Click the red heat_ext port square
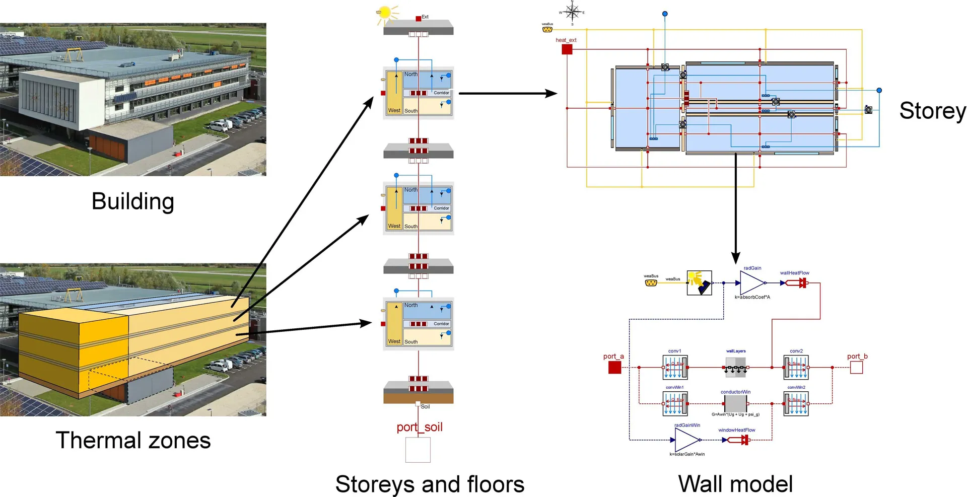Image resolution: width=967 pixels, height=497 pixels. [x=567, y=49]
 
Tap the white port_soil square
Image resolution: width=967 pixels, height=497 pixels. [x=418, y=450]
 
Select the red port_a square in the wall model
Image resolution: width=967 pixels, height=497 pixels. [x=614, y=368]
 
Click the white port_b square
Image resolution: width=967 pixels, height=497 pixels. [x=856, y=368]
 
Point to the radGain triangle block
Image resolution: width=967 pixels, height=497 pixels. [x=751, y=283]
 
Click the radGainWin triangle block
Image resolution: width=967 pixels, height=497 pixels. [x=686, y=440]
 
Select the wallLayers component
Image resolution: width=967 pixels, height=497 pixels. [x=736, y=368]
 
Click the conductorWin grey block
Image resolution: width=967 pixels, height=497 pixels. [x=735, y=403]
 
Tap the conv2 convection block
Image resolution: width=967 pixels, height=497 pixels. [x=796, y=368]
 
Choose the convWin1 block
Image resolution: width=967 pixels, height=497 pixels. [x=675, y=403]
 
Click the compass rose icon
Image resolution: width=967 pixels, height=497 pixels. [x=572, y=11]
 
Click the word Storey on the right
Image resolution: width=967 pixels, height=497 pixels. [x=932, y=111]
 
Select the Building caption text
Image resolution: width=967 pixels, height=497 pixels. [x=133, y=201]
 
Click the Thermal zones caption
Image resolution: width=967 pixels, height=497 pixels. [x=133, y=440]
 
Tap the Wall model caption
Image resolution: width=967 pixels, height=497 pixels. [x=735, y=484]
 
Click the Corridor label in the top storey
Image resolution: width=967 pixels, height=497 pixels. [x=441, y=93]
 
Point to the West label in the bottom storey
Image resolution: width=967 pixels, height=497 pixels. [x=394, y=341]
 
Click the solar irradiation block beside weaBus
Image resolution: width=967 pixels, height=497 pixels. [x=699, y=283]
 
